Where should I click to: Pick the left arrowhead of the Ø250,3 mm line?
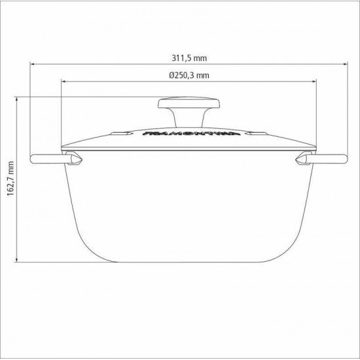[63, 82]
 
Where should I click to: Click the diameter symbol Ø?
[170, 75]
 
